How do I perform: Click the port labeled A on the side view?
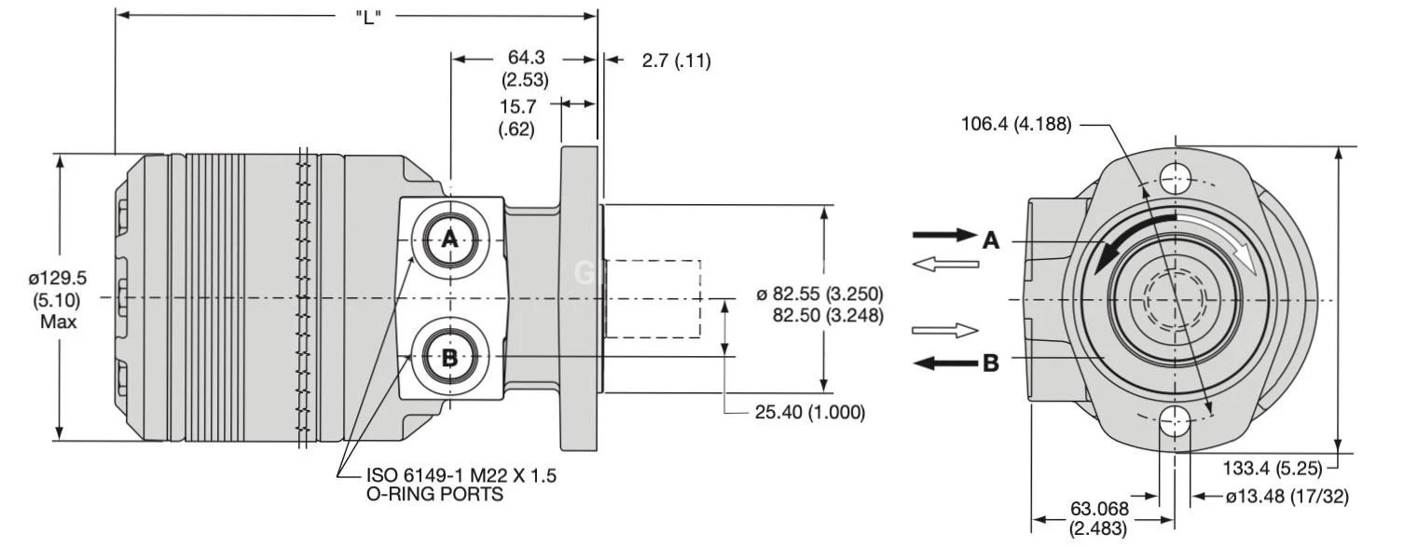click(x=449, y=239)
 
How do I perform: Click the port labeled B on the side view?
click(x=449, y=358)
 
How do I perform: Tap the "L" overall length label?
click(x=369, y=17)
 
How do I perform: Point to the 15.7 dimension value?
click(x=516, y=107)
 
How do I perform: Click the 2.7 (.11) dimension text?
click(x=676, y=62)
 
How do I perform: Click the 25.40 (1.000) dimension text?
click(x=809, y=412)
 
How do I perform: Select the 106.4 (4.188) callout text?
click(x=1017, y=125)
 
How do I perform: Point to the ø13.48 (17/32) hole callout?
click(x=1287, y=497)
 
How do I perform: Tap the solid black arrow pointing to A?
click(x=943, y=235)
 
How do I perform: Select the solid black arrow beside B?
click(x=943, y=362)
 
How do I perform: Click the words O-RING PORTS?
click(x=435, y=495)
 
